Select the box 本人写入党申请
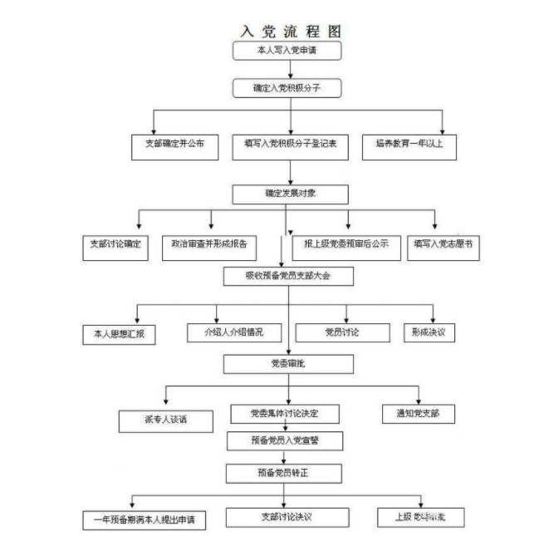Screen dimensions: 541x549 [287, 51]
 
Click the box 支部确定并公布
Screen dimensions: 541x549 [175, 146]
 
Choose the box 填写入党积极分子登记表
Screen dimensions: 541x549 [291, 146]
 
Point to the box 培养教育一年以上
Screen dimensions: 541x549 [409, 146]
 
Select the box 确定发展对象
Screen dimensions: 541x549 [291, 194]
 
